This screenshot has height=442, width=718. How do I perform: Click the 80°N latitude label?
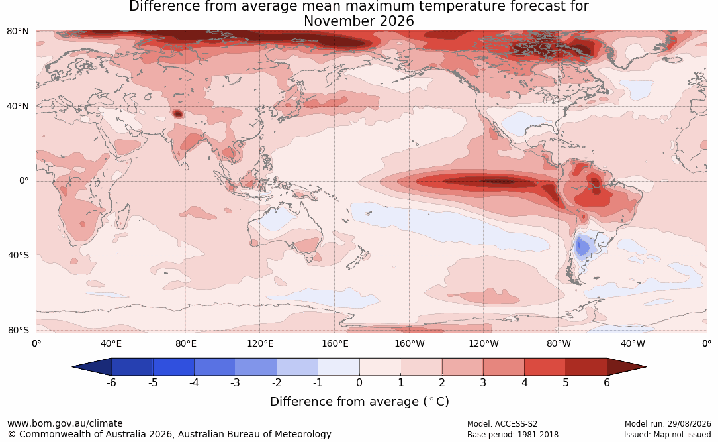[x=17, y=32]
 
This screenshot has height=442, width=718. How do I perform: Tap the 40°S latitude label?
[x=18, y=255]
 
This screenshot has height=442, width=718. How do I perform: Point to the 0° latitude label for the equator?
[x=24, y=181]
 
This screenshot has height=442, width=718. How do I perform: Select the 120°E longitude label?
[x=260, y=343]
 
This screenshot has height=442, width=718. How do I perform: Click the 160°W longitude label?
[x=409, y=343]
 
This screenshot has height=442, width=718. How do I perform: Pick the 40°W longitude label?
[x=633, y=343]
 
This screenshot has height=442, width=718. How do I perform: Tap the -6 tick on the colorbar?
[x=111, y=382]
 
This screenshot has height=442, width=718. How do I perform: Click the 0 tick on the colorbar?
[x=359, y=382]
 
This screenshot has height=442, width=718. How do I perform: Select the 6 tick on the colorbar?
[x=607, y=382]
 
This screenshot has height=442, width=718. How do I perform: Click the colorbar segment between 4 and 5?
[x=545, y=367]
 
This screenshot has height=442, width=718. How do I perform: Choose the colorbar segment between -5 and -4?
[x=173, y=367]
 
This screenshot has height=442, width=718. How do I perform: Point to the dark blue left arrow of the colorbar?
[x=92, y=367]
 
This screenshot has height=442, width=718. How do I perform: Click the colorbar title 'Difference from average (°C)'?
[x=359, y=402]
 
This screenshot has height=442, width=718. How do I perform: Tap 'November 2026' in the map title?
[x=359, y=21]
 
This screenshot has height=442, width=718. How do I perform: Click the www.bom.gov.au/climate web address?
[x=65, y=423]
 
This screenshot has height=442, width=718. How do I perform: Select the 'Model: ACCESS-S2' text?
[x=502, y=424]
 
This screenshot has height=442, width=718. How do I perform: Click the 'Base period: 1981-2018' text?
[x=513, y=435]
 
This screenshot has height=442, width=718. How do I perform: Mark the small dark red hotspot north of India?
[x=177, y=114]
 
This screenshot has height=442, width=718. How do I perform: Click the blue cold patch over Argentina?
[x=582, y=247]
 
